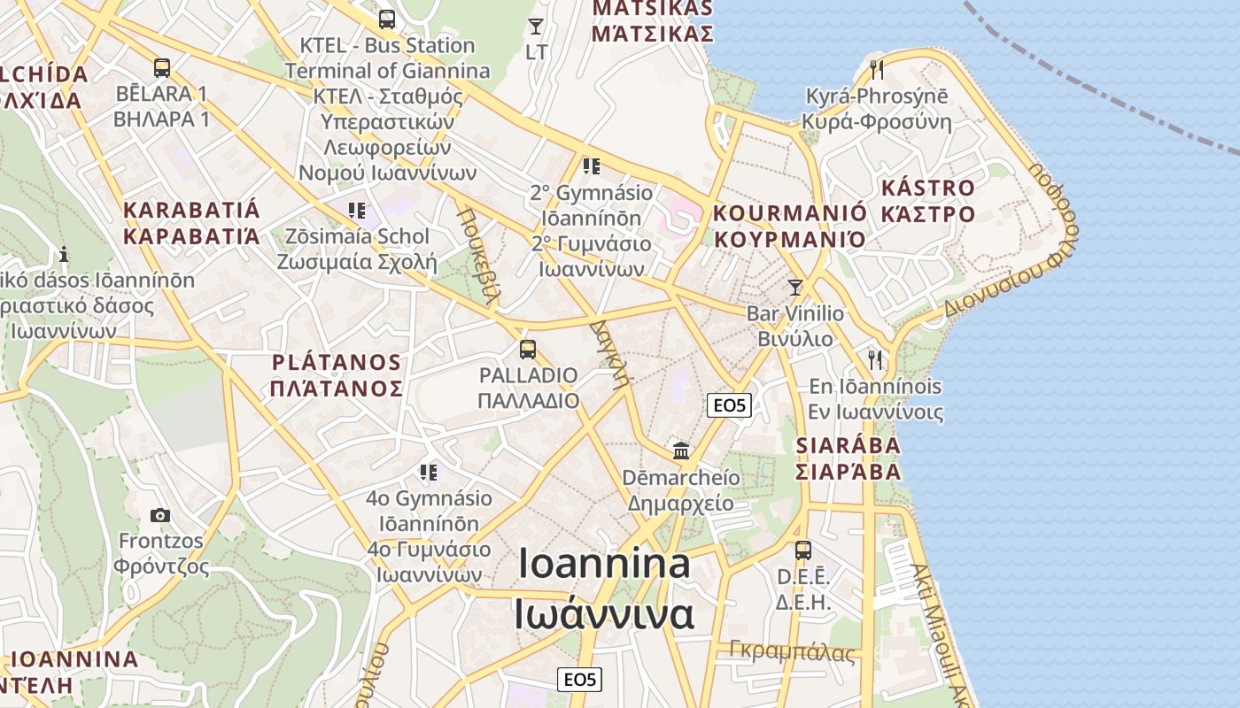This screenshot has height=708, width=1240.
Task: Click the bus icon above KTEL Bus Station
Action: [x=386, y=19]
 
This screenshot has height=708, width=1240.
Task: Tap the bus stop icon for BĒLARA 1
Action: [x=161, y=67]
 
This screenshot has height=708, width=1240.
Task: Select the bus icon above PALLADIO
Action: [x=528, y=349]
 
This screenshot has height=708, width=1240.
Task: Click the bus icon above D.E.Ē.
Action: [x=803, y=550]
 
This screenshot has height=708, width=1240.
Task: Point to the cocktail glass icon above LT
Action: [x=536, y=26]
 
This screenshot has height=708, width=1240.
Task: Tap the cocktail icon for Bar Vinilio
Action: [x=795, y=287]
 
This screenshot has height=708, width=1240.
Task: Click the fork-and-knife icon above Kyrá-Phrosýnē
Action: [x=877, y=69]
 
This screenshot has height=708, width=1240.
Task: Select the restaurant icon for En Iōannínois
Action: [x=876, y=359]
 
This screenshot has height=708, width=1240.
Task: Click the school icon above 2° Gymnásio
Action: [x=592, y=165]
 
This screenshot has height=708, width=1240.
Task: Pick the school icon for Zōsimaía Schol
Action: [x=357, y=210]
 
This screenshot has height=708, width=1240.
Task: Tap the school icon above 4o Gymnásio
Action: [x=429, y=472]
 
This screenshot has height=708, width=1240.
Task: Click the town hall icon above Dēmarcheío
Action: [x=681, y=450]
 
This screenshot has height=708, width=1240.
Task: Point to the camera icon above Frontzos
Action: [x=160, y=515]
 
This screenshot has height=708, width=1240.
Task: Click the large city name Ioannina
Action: [x=604, y=564]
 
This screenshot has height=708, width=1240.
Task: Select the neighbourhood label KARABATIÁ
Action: [x=192, y=211]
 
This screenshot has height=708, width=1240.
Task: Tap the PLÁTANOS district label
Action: [x=337, y=363]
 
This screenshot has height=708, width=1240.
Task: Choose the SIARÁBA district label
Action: [x=849, y=445]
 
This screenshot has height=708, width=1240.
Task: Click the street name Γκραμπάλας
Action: [x=793, y=652]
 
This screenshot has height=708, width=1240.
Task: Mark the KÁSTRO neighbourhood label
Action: [x=927, y=189]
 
